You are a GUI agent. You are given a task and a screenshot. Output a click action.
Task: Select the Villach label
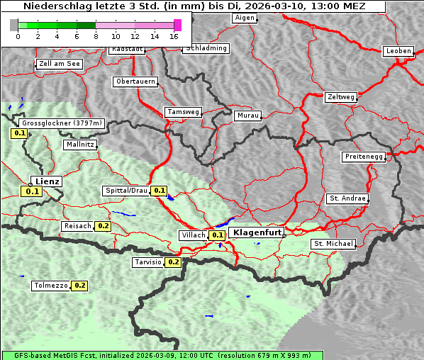coord(193,235)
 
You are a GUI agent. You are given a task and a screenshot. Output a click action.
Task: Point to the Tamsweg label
coord(183,112)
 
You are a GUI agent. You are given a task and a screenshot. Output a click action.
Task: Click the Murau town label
coord(248,115)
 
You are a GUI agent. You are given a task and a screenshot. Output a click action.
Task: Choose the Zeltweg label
coord(340,96)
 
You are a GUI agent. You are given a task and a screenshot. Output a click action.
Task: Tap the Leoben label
coord(398,51)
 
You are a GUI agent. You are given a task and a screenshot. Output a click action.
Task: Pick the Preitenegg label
coord(364,156)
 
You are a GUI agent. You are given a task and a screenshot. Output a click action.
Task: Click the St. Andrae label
coord(347,198)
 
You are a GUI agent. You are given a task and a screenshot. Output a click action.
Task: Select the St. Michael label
coord(333,244)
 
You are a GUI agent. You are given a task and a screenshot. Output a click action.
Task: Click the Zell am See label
coord(60,64)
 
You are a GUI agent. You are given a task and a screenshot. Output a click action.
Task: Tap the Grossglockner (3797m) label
coord(63,123)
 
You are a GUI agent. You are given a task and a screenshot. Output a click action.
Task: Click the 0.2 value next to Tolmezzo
coord(79,286)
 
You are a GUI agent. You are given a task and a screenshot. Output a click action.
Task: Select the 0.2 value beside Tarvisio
coord(174,262)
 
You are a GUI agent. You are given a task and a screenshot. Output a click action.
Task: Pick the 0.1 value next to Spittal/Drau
coord(160,191)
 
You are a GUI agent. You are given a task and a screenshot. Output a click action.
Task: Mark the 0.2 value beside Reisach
coord(104,226)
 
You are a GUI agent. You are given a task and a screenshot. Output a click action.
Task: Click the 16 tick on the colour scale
coord(174,35)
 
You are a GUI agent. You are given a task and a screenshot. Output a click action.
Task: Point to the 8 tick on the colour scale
coord(96,35)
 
